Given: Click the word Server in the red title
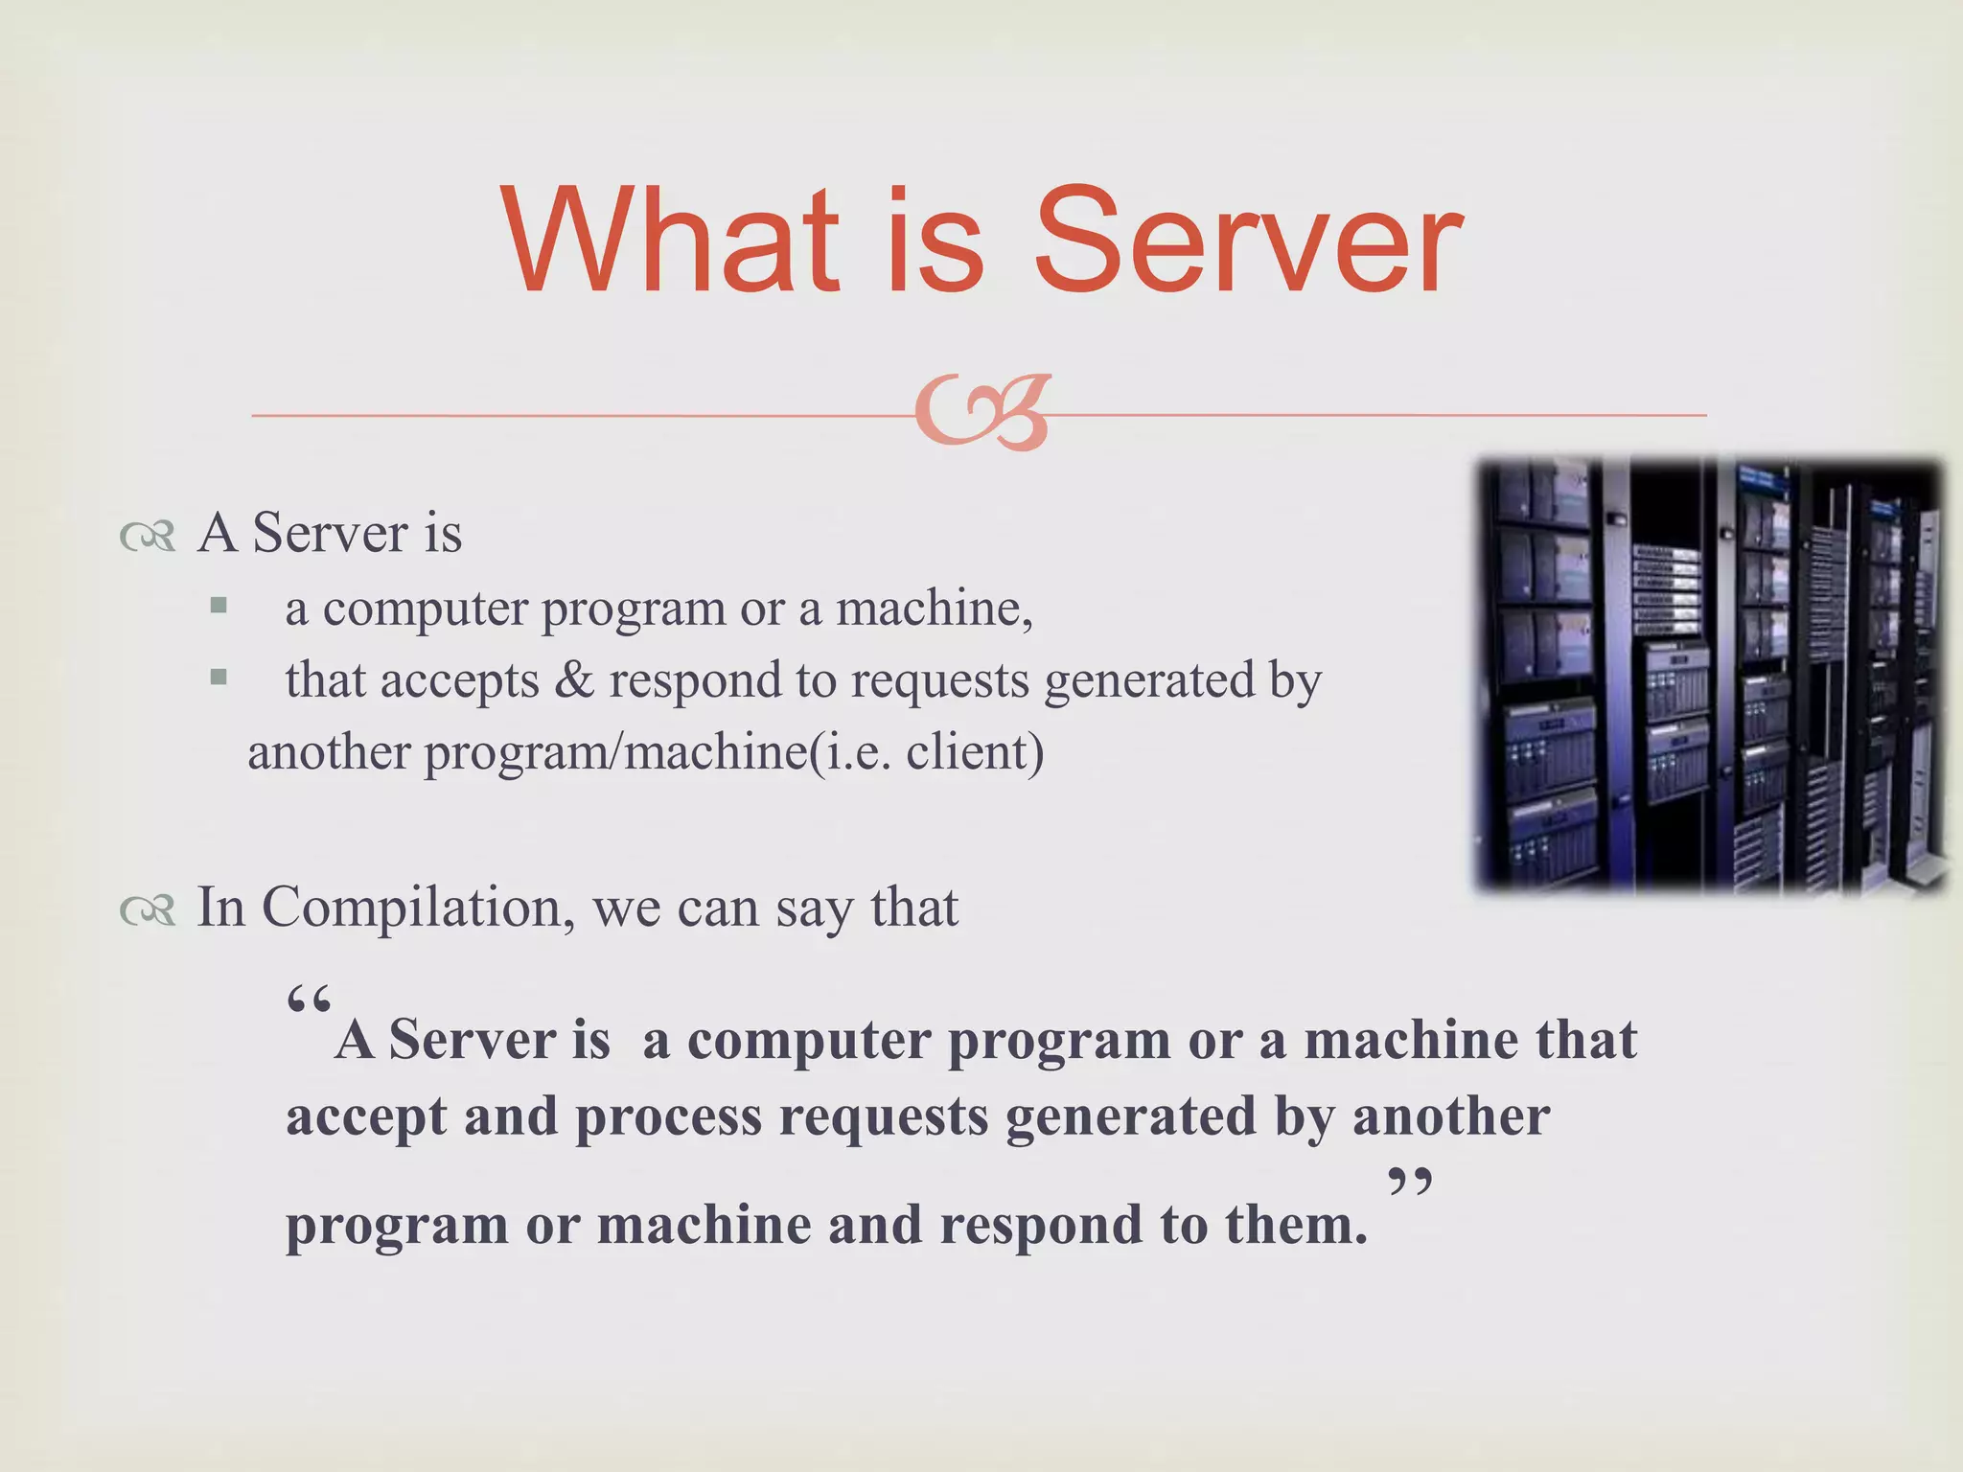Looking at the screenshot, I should pyautogui.click(x=1248, y=241).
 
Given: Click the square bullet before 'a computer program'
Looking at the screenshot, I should pyautogui.click(x=219, y=606).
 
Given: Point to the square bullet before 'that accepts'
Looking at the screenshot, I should pyautogui.click(x=219, y=678).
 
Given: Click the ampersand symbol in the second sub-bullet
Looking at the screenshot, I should pyautogui.click(x=573, y=680).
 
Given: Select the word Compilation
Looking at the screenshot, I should pyautogui.click(x=418, y=908).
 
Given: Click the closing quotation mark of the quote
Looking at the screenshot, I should pyautogui.click(x=1409, y=1184).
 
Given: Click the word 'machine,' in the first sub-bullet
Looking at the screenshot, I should pyautogui.click(x=935, y=608).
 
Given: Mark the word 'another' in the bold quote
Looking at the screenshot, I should pyautogui.click(x=1451, y=1116).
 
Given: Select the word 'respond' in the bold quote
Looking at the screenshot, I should pyautogui.click(x=1041, y=1225).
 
